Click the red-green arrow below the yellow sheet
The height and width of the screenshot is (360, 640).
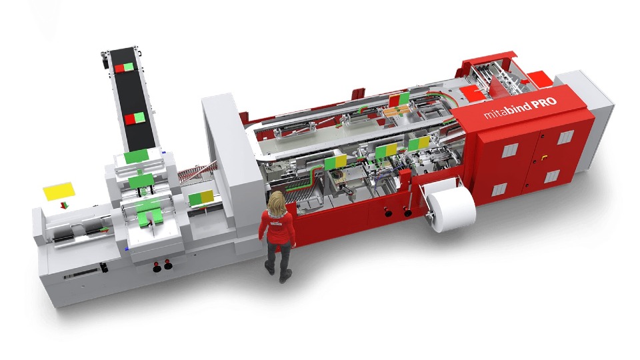point(63,205)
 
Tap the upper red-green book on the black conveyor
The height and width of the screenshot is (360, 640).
point(124,68)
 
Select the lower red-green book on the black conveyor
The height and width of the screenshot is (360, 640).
point(135,119)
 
